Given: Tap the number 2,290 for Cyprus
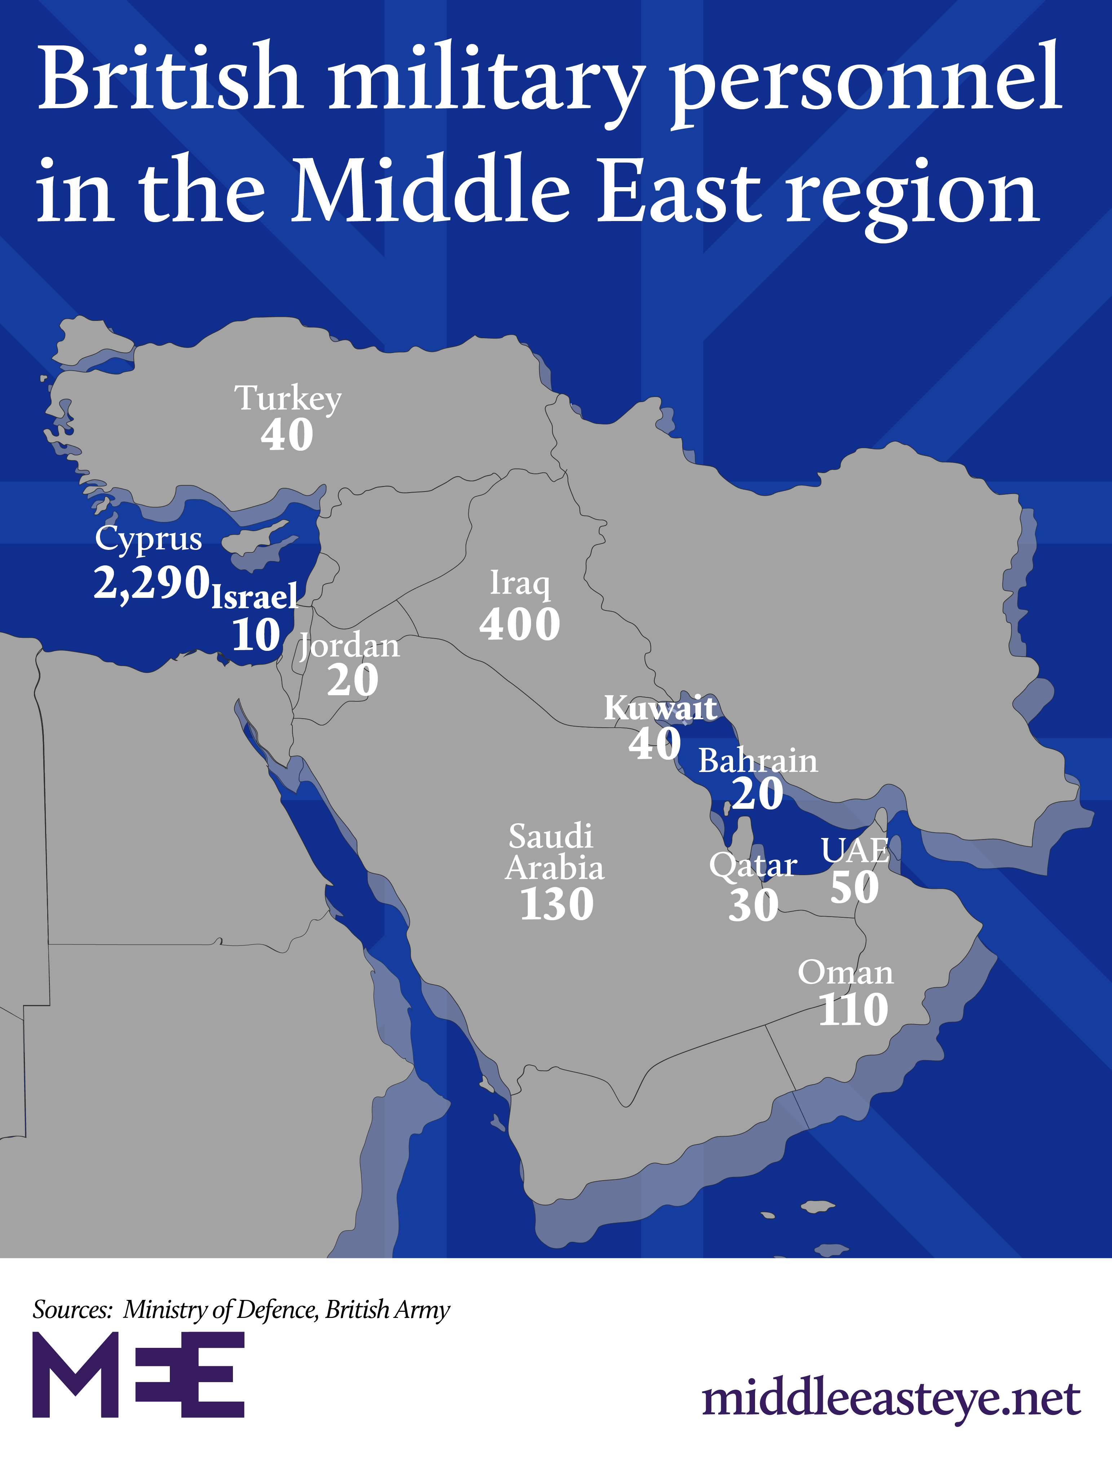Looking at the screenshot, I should (x=151, y=582).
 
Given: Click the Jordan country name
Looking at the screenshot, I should (x=349, y=646).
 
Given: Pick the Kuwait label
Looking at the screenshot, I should (x=660, y=708).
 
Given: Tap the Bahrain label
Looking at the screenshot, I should (x=758, y=761).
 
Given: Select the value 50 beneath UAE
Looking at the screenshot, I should (x=855, y=887).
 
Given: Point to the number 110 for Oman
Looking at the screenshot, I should (x=853, y=1010).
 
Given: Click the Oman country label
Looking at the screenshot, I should (x=845, y=973).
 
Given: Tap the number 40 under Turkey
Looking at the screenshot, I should (x=287, y=435).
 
